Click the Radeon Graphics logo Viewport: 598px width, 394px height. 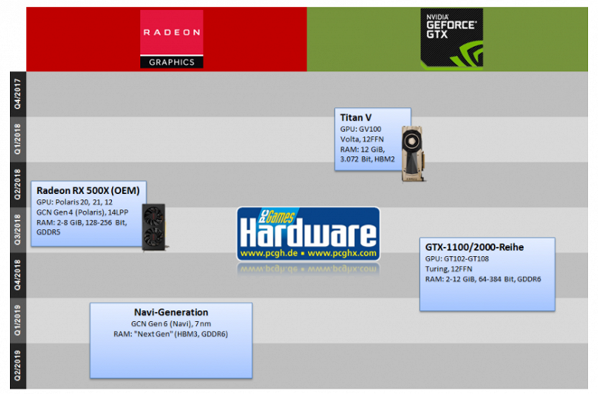(171, 39)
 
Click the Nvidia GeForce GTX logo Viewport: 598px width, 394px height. (451, 38)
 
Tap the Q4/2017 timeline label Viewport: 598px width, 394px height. (17, 94)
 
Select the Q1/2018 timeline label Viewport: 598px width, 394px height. (17, 139)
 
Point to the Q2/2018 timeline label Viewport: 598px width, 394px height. (17, 184)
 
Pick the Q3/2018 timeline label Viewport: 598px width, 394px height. (17, 229)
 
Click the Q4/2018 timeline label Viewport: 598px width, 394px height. (17, 274)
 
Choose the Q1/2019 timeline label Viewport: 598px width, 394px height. (17, 320)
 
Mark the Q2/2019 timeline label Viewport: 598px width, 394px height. (17, 365)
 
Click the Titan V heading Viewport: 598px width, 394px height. (356, 117)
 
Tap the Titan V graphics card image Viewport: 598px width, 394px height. (414, 153)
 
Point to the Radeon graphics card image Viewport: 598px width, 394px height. (154, 226)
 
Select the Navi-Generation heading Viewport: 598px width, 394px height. (171, 312)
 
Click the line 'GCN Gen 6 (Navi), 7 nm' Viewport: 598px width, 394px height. (170, 323)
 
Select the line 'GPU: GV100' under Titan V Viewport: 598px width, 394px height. (360, 129)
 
